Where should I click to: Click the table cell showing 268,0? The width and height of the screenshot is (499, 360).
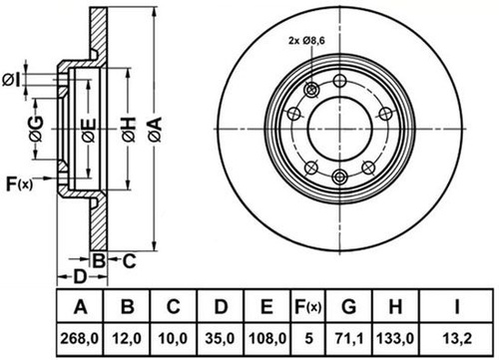[80, 339]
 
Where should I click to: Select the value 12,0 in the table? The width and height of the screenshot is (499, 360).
[127, 339]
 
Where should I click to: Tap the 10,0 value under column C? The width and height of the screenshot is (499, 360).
[173, 339]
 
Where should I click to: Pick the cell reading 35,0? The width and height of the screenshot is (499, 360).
[220, 339]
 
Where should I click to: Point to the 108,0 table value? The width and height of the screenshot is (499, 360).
[267, 339]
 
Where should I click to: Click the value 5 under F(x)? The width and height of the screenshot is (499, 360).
[308, 338]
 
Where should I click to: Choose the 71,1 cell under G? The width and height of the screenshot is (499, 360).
[349, 339]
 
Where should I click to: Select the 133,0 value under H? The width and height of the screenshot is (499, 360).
[395, 339]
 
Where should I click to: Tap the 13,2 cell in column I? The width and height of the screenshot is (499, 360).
[457, 339]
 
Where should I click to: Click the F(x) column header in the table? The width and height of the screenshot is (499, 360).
[308, 307]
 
